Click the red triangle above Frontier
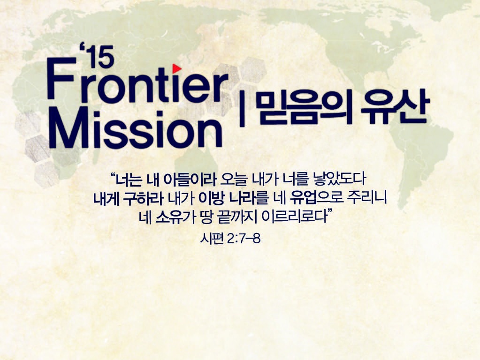tap(176, 68)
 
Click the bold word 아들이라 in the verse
tap(190, 180)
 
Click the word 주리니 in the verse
tap(367, 198)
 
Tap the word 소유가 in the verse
tap(175, 217)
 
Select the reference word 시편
tap(212, 238)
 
